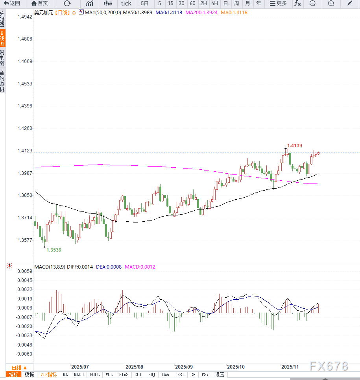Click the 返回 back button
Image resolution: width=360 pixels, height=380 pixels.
(x=12, y=4)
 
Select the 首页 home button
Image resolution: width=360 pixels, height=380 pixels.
(x=40, y=4)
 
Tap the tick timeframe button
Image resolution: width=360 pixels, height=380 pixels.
(x=126, y=4)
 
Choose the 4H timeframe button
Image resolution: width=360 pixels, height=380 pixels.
(x=214, y=4)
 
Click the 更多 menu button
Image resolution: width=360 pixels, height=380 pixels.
(x=278, y=4)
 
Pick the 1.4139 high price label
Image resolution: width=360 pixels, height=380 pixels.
(x=294, y=146)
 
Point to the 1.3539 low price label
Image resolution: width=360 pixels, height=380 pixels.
(x=54, y=250)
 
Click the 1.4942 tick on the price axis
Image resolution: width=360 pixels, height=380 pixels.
(x=24, y=17)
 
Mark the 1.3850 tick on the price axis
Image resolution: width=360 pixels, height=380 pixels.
(x=24, y=195)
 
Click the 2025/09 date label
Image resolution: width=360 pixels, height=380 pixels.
(x=183, y=367)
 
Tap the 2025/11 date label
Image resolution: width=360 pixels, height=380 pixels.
(x=290, y=367)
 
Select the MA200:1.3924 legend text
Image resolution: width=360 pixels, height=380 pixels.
(x=201, y=13)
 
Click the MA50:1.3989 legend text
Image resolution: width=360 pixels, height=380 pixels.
(x=138, y=13)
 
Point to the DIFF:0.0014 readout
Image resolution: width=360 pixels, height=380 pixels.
(x=80, y=267)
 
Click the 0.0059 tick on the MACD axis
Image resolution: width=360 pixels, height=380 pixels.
(x=24, y=271)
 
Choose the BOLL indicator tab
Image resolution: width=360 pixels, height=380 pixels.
(x=95, y=375)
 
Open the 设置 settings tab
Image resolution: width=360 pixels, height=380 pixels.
(x=220, y=375)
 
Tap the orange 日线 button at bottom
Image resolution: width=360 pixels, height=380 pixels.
(x=19, y=367)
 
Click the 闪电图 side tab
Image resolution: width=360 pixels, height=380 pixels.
(x=2, y=58)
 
